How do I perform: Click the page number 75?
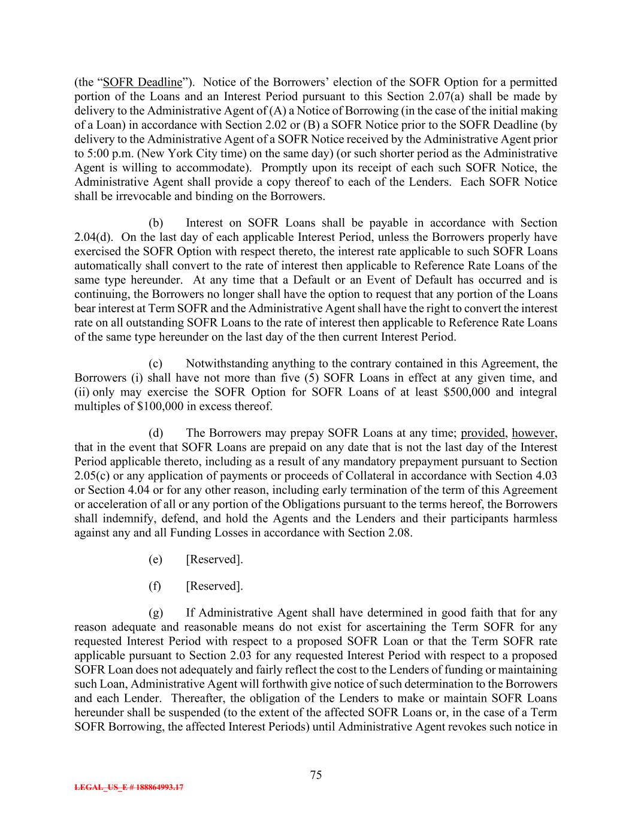[x=316, y=774]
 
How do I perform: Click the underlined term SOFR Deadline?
[x=142, y=82]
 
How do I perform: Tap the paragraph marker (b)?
[x=156, y=223]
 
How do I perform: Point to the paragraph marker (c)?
[x=156, y=364]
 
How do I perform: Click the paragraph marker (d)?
[x=156, y=433]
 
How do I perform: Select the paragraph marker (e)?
[x=156, y=559]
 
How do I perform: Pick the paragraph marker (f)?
[x=155, y=586]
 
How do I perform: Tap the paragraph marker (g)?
[x=156, y=613]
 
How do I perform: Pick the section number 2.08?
[x=397, y=533]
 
